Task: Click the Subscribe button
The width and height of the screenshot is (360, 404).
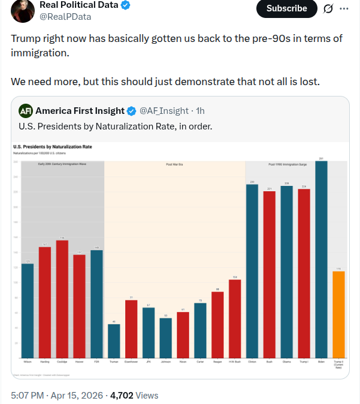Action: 286,8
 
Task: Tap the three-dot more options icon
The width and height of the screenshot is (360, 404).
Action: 344,8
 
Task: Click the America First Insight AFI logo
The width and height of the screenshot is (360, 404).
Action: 26,111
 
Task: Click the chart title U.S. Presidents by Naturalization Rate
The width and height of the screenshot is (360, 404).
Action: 53,146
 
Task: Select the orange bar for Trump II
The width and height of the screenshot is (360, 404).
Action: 339,314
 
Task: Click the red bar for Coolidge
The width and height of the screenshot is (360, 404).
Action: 62,299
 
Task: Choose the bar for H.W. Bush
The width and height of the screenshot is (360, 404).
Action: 235,318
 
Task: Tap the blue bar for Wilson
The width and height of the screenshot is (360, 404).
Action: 28,310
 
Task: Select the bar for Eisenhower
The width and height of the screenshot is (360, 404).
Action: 131,328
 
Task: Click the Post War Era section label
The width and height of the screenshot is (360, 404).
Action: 175,164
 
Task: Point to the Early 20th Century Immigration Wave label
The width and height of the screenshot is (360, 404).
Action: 62,164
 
